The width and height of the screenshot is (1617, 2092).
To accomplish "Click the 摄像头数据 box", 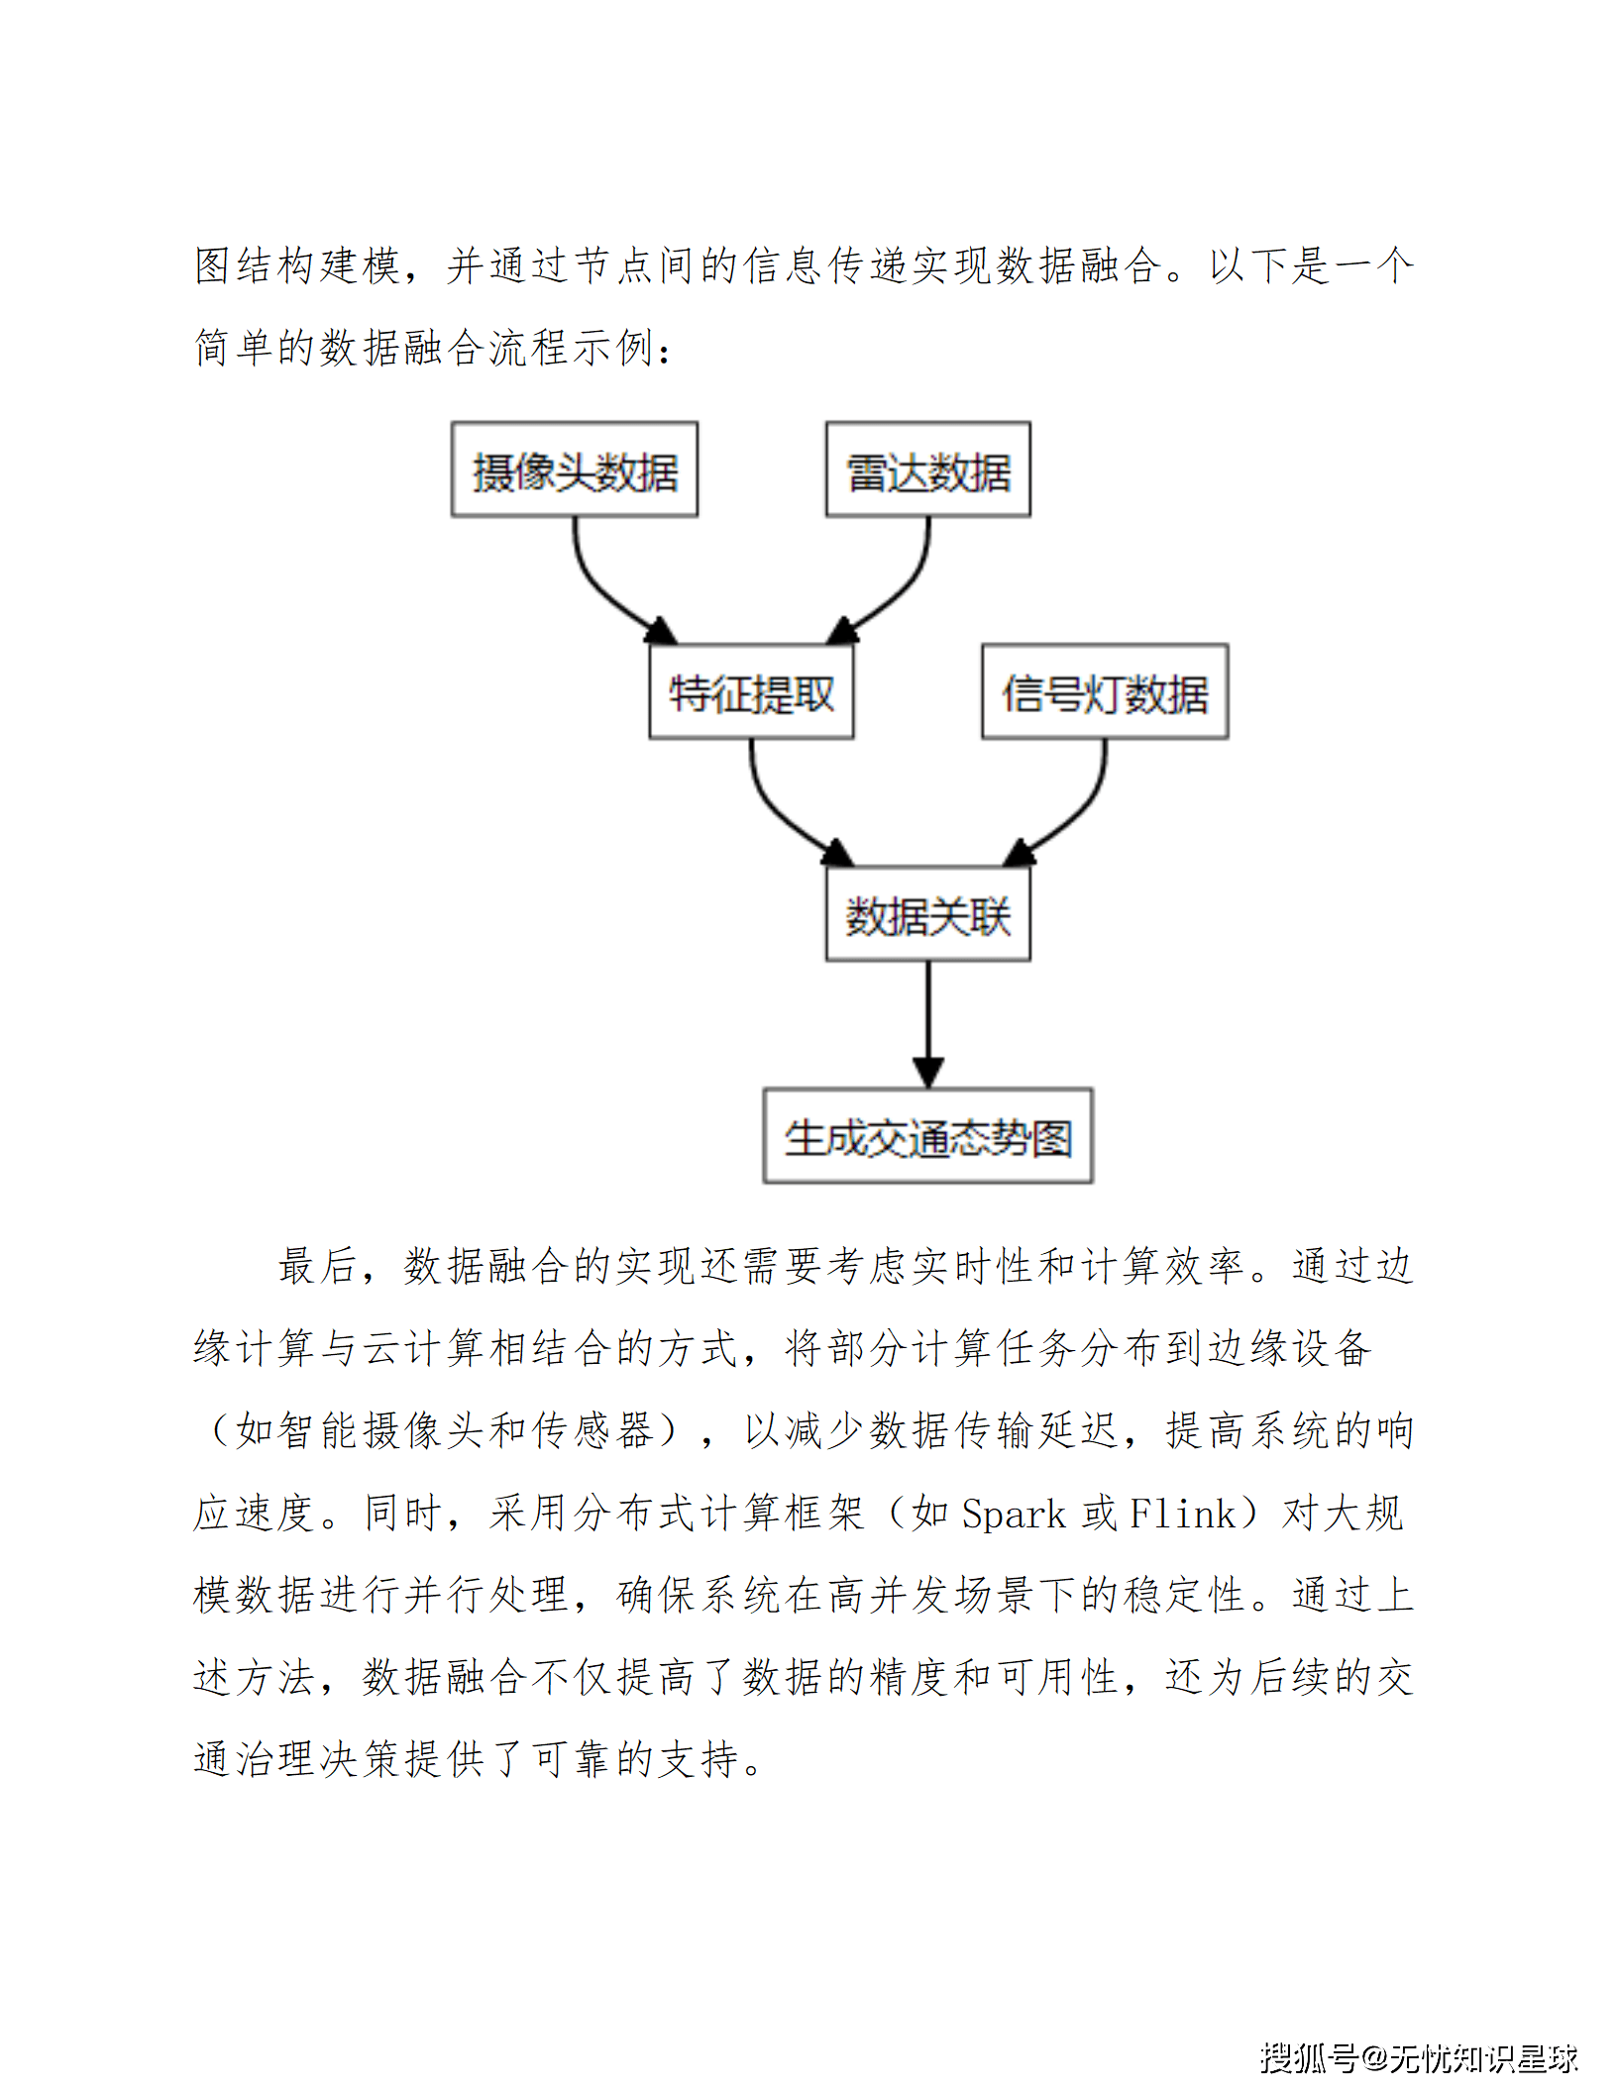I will pyautogui.click(x=575, y=470).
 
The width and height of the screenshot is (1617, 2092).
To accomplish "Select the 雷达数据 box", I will pyautogui.click(x=928, y=470).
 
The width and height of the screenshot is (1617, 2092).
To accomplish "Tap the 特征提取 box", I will pyautogui.click(x=751, y=691).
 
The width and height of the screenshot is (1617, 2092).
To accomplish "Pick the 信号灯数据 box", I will pyautogui.click(x=1105, y=691).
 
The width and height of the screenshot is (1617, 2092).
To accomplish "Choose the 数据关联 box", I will pyautogui.click(x=928, y=913).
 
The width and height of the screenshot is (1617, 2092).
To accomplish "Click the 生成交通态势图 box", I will pyautogui.click(x=928, y=1135).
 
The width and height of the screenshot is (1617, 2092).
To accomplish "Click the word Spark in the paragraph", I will pyautogui.click(x=1014, y=1514).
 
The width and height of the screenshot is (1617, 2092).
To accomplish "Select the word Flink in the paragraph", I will pyautogui.click(x=1182, y=1514).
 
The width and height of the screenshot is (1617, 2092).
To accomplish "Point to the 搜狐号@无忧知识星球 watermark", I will pyautogui.click(x=1418, y=2056).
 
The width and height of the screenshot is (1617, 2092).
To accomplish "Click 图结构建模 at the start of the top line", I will pyautogui.click(x=297, y=265).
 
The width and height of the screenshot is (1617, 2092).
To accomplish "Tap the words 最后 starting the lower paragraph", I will pyautogui.click(x=317, y=1266).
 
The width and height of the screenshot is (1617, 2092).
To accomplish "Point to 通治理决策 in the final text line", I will pyautogui.click(x=298, y=1759).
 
